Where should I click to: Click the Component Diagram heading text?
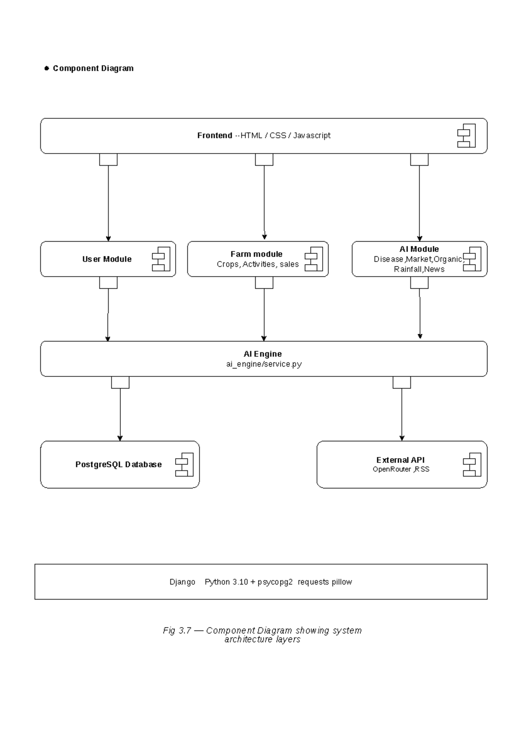click(93, 68)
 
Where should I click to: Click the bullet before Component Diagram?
click(47, 68)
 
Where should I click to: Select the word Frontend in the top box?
click(215, 135)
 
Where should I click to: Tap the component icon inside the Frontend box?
click(466, 136)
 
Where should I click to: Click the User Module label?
click(107, 259)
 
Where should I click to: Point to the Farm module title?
click(256, 254)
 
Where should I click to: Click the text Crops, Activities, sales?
click(258, 264)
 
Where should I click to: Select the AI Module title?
click(419, 249)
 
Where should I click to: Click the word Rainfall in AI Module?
click(407, 269)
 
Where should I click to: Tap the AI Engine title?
click(263, 354)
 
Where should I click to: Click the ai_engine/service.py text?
click(264, 364)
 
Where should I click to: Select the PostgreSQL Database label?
click(119, 464)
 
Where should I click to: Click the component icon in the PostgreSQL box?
click(184, 465)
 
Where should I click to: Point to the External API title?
click(400, 460)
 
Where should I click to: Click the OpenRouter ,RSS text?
click(401, 469)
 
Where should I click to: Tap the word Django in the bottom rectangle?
click(182, 582)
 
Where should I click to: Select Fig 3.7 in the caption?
click(177, 630)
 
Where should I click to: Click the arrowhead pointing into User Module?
click(108, 239)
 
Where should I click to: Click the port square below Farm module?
click(264, 283)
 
